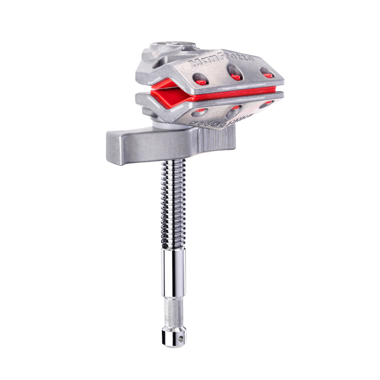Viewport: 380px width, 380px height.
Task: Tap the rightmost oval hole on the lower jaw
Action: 266,104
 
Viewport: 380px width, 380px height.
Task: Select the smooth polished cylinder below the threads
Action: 173,272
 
